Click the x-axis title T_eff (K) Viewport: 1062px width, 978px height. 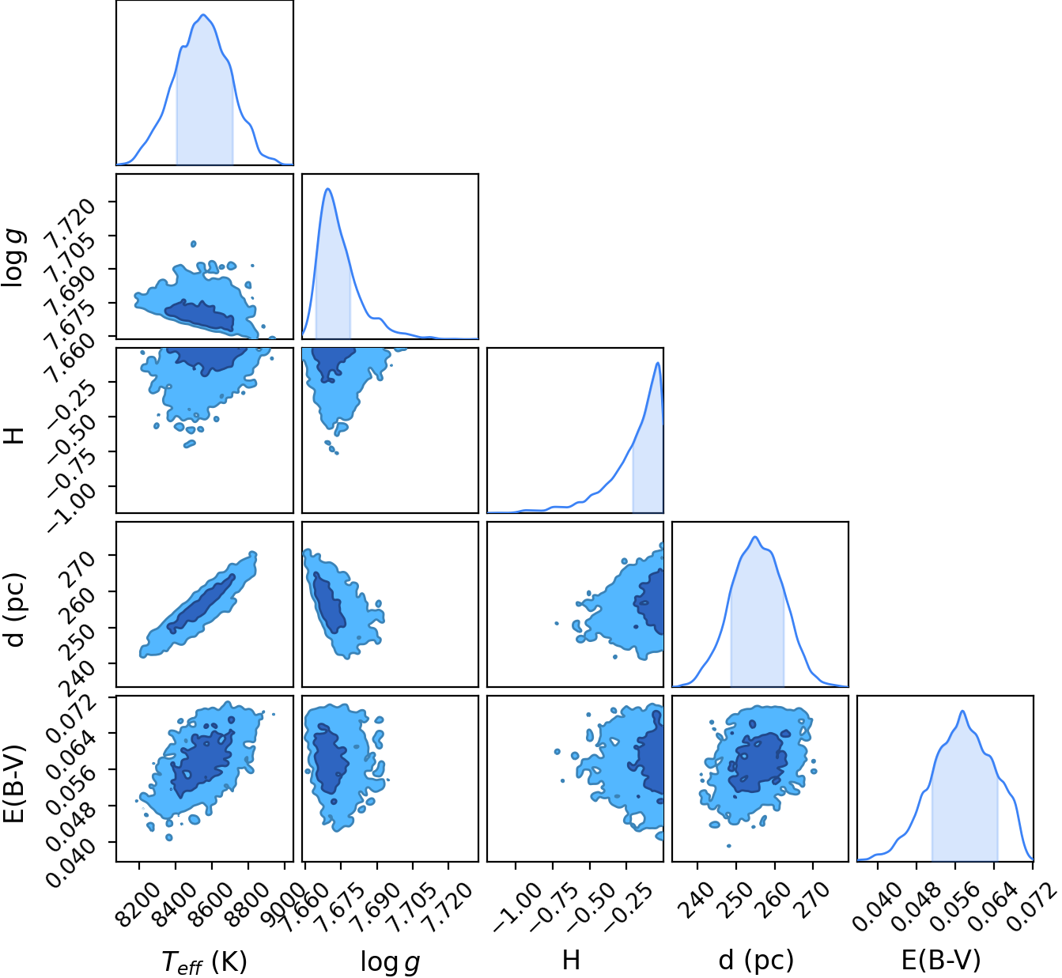pos(204,961)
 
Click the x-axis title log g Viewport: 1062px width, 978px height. pos(390,961)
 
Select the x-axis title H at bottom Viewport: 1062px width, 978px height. pos(571,960)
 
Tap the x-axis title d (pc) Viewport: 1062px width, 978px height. pos(755,960)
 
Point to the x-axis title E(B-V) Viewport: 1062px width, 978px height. pos(941,960)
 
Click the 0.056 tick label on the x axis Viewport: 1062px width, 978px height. pos(948,901)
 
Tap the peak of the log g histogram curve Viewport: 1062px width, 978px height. pos(328,189)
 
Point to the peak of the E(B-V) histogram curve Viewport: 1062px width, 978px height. pos(962,711)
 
